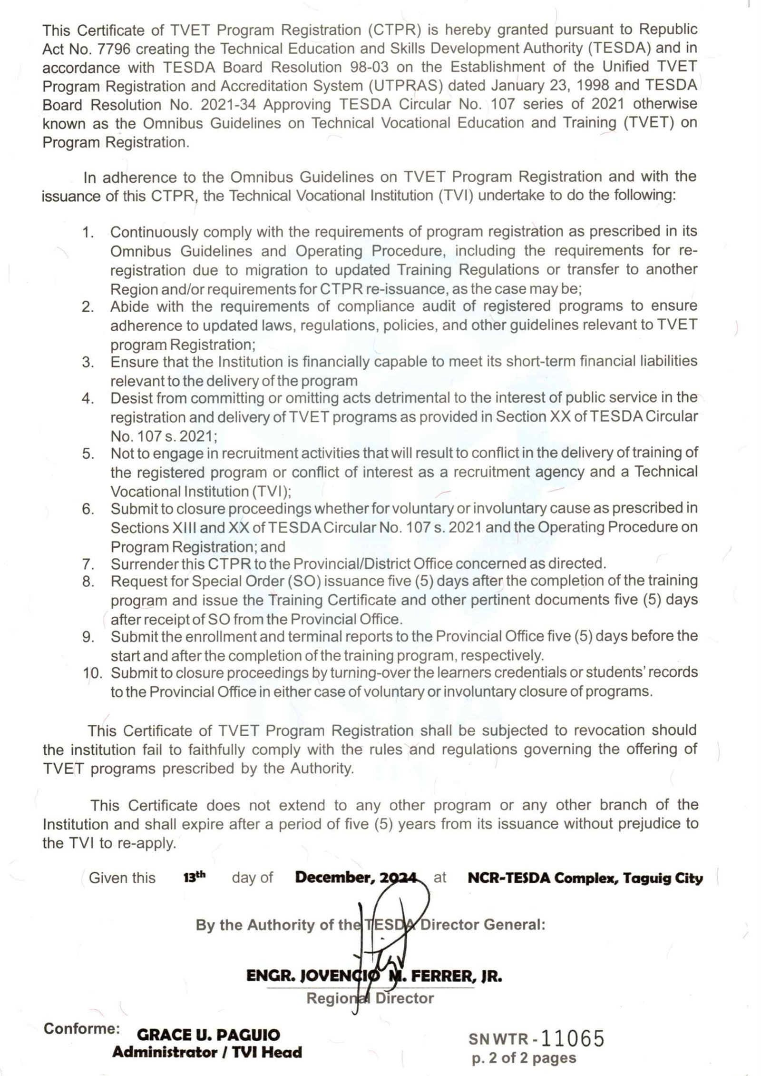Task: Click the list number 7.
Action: point(88,564)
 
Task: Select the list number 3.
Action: point(88,362)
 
